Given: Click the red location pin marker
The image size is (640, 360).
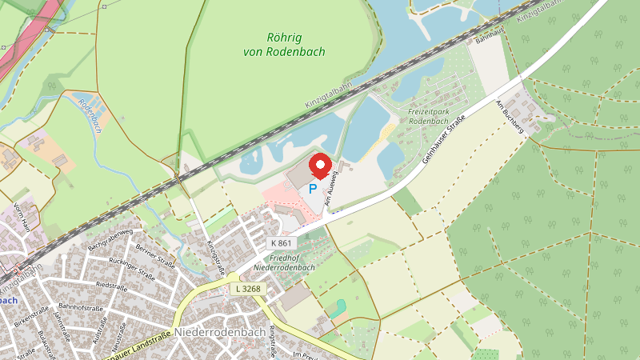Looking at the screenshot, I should (x=320, y=166).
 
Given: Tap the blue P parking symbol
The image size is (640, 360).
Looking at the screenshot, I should (x=313, y=190).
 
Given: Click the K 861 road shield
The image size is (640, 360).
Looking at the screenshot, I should (x=280, y=242).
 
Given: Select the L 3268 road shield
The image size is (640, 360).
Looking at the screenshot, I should (x=247, y=288).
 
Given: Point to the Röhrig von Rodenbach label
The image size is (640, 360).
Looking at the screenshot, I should (x=284, y=45).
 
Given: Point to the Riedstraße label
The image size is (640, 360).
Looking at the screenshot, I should (x=111, y=286).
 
